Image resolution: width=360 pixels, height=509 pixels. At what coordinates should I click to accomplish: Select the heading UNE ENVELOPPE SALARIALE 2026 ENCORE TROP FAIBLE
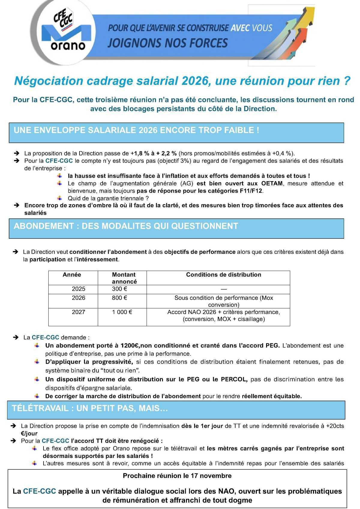[x=136, y=130]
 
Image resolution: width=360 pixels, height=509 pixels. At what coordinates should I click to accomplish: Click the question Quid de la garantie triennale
[x=108, y=198]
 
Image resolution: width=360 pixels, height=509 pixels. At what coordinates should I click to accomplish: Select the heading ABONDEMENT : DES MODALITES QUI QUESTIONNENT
[x=126, y=226]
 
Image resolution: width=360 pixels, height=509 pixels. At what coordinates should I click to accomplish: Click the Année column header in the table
[x=72, y=275]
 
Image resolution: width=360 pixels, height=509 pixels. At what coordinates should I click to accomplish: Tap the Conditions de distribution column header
[x=223, y=275]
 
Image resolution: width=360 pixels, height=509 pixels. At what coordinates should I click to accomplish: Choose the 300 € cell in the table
[x=120, y=289]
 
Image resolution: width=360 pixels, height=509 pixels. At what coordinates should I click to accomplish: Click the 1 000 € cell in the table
[x=122, y=312]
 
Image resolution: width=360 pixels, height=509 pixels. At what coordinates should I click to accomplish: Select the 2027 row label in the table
[x=79, y=312]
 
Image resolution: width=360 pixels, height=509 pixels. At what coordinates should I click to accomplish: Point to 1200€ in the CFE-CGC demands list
[x=130, y=346]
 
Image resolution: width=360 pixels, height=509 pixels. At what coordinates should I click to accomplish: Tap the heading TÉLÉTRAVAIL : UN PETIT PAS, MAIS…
[x=90, y=409]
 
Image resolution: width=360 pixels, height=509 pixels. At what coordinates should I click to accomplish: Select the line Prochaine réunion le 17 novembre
[x=177, y=476]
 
